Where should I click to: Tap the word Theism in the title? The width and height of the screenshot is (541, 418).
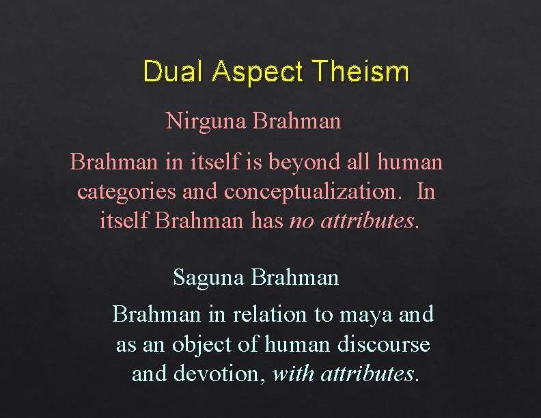(360, 72)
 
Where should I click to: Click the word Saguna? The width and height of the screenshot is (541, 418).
(210, 277)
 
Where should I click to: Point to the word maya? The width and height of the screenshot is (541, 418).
(361, 314)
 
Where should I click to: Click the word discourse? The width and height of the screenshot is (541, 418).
(384, 344)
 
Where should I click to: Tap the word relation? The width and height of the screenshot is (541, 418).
(270, 314)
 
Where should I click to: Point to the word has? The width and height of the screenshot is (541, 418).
(268, 221)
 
